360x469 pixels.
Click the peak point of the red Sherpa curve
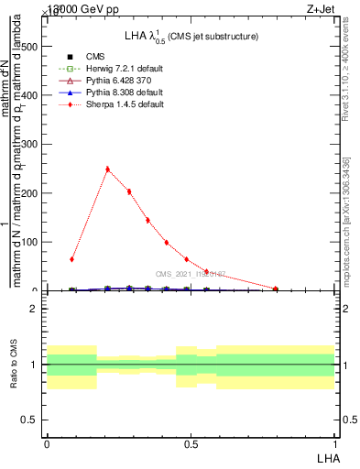[107, 169]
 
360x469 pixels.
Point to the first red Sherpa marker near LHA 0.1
[71, 259]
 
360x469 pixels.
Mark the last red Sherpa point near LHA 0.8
[276, 289]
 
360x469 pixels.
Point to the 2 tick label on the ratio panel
[34, 309]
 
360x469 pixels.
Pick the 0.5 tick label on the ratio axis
[29, 420]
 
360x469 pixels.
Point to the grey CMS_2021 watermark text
[191, 275]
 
